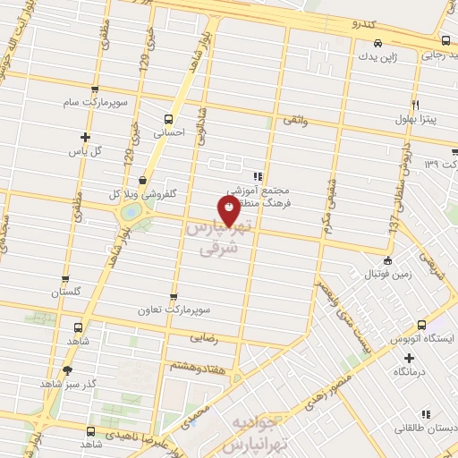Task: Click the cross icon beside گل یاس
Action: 85,137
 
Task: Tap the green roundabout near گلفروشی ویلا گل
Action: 131,212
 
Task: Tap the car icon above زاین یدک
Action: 378,43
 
